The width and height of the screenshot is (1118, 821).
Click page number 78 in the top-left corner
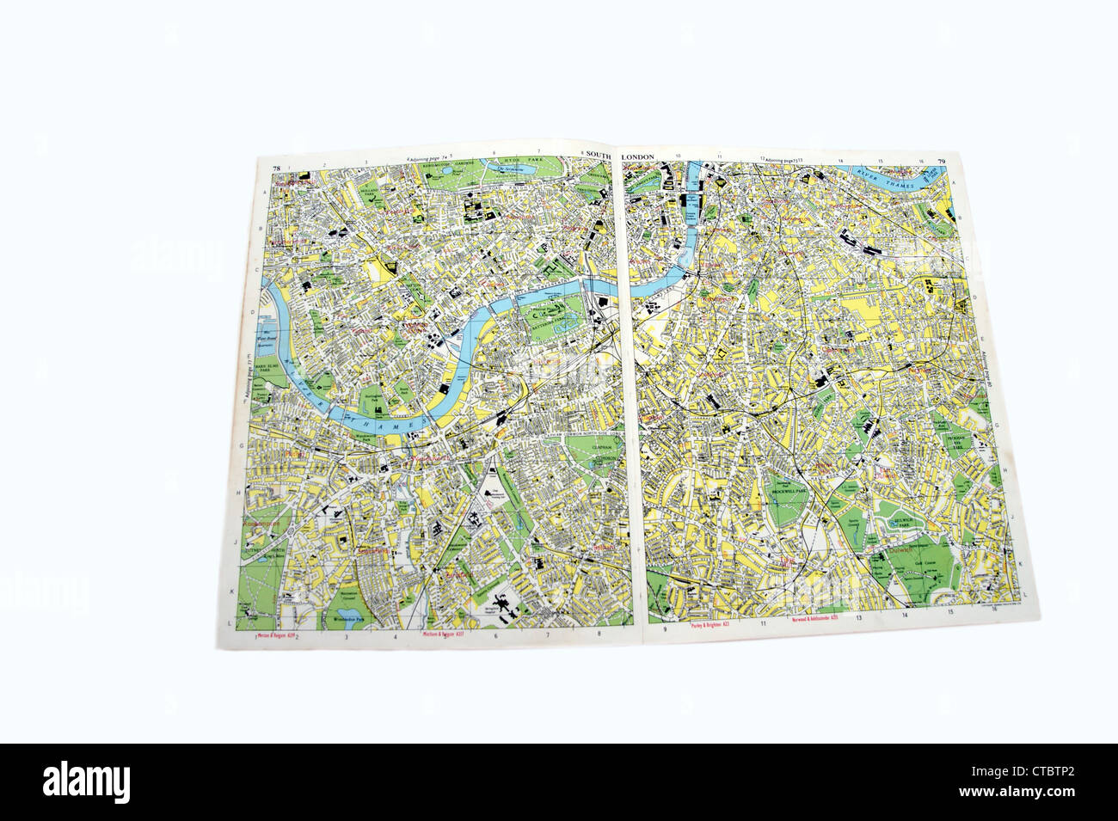[276, 167]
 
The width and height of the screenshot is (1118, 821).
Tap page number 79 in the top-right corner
[942, 162]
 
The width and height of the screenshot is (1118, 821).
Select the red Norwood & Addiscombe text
[812, 620]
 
